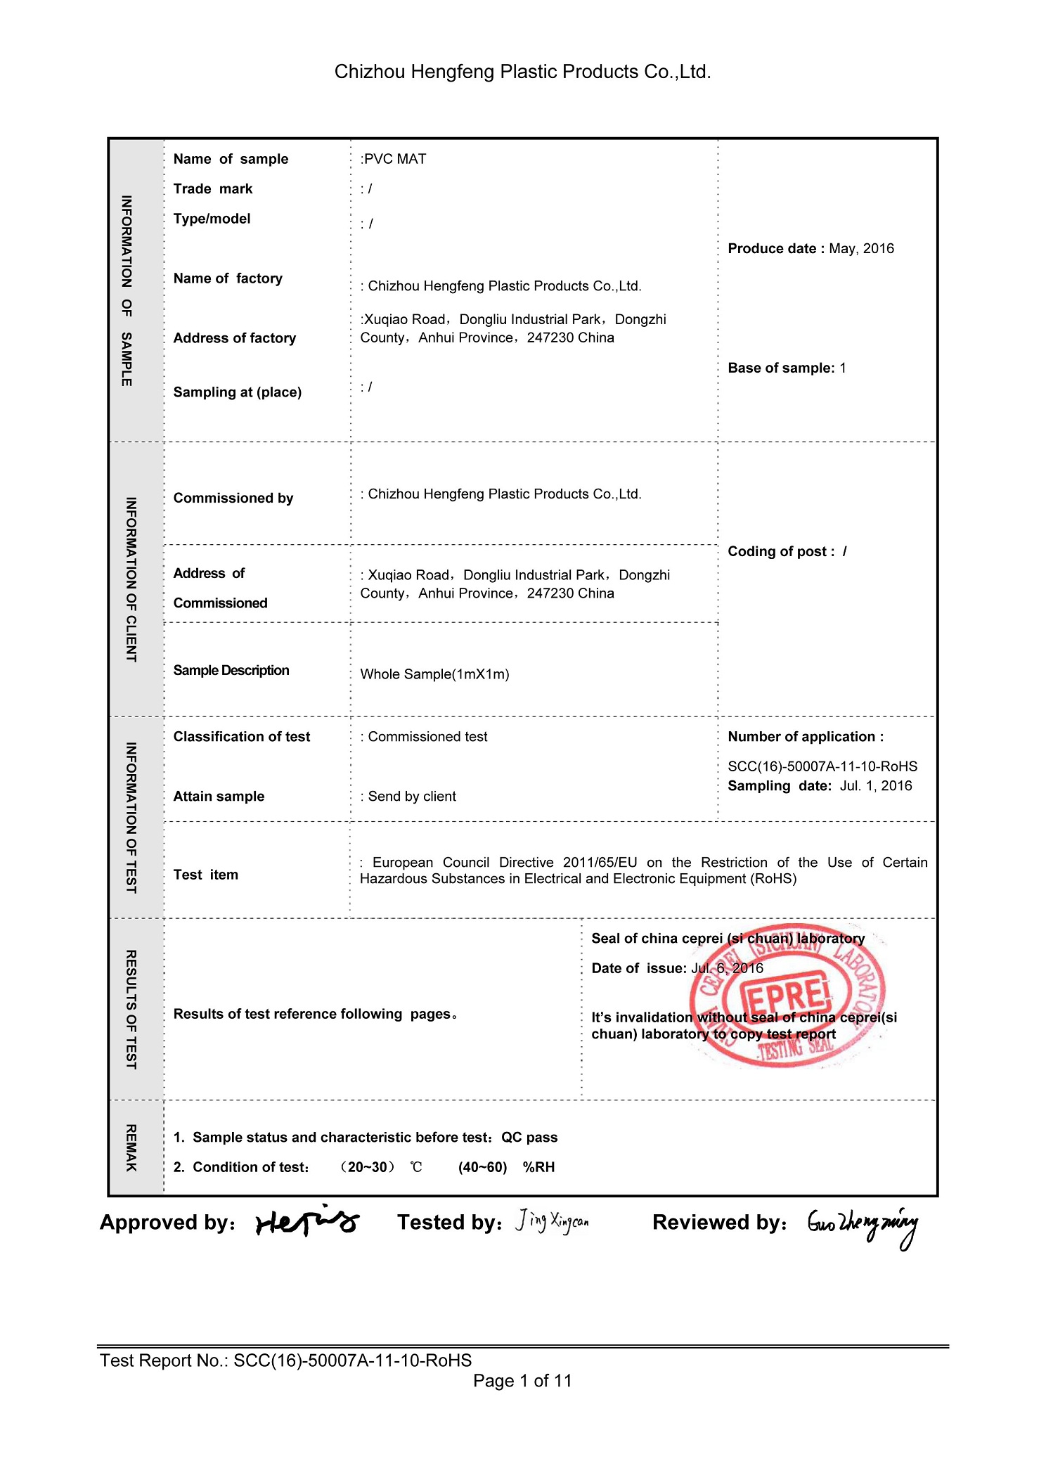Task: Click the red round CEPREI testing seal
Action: [x=787, y=996]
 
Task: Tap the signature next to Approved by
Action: [x=307, y=1222]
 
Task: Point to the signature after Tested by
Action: [x=553, y=1221]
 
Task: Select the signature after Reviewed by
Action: [x=863, y=1225]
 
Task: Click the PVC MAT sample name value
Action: [x=394, y=159]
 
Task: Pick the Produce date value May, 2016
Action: [x=861, y=248]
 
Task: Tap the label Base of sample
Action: [x=780, y=368]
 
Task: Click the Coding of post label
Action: [x=780, y=551]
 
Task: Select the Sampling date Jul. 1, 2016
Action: [x=875, y=785]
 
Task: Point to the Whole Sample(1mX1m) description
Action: [x=434, y=674]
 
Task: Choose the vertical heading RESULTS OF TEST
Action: [x=131, y=1009]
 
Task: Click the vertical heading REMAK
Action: [x=131, y=1147]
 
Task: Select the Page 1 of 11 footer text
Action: [x=522, y=1381]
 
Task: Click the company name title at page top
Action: [x=522, y=72]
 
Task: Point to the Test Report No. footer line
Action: [x=285, y=1360]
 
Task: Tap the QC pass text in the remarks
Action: [x=529, y=1137]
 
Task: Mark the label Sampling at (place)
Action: [x=237, y=392]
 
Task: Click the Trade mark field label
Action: [x=212, y=188]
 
